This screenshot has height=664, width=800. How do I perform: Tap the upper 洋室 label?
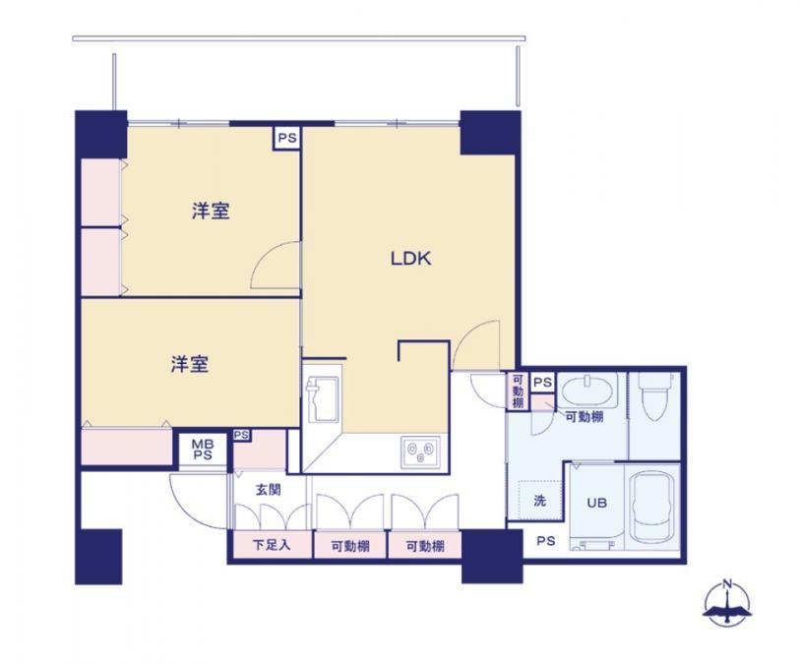[x=210, y=211]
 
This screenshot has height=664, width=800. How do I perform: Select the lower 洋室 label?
[x=189, y=364]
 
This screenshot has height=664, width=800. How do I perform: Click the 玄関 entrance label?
[x=269, y=489]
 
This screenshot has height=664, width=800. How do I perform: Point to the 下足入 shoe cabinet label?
[x=271, y=545]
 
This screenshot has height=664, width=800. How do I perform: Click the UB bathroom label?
[x=597, y=503]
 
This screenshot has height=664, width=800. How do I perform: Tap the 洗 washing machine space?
[x=539, y=500]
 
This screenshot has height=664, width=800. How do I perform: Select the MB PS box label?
[x=203, y=451]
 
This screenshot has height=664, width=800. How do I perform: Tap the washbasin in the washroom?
[x=587, y=393]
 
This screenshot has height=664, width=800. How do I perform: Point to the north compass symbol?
[x=727, y=603]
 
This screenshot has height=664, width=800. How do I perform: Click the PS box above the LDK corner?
[x=286, y=139]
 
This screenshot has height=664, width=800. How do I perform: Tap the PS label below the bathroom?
[x=545, y=541]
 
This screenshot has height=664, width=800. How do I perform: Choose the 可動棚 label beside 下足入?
[x=349, y=546]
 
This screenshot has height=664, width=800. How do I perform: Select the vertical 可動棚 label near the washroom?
[x=518, y=392]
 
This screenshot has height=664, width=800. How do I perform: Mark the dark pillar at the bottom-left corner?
[x=98, y=556]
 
